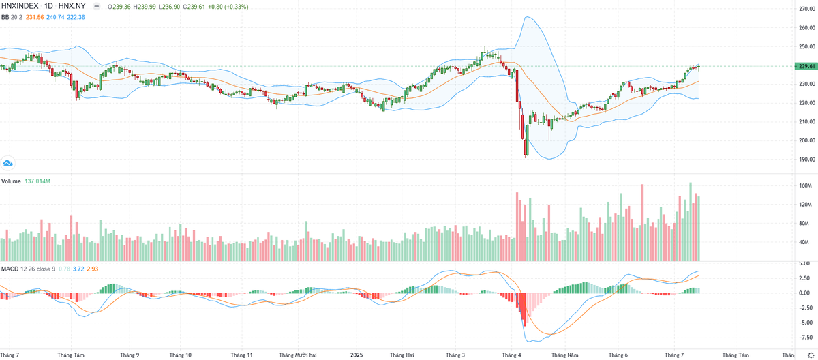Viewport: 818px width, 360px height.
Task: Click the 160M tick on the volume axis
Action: [804, 185]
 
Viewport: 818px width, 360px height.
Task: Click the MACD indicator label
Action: [10, 269]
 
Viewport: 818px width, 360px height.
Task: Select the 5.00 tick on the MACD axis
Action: [804, 263]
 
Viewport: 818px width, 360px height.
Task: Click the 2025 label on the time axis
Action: [357, 355]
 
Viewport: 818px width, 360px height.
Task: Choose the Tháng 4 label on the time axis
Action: [511, 355]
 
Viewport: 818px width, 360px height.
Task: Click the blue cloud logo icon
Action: [8, 163]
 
